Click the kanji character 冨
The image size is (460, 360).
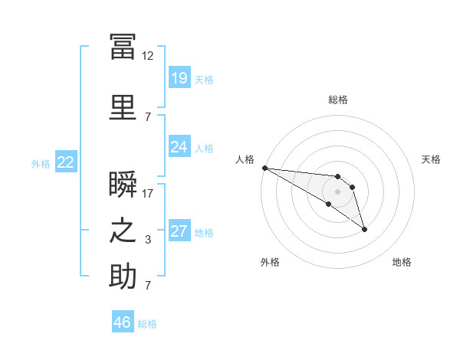(x=123, y=47)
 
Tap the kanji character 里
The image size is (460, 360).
(x=123, y=107)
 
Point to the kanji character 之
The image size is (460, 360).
(x=123, y=231)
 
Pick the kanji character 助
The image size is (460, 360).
(x=123, y=276)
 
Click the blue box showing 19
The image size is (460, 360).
(x=179, y=77)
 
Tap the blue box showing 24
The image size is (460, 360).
(x=179, y=146)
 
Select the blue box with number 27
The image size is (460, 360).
(x=179, y=231)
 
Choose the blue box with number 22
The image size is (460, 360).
(x=65, y=162)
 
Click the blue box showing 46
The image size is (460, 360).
(x=123, y=322)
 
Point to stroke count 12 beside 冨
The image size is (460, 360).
(x=148, y=56)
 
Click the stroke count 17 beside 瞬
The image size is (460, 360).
(x=148, y=193)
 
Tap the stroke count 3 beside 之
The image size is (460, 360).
(x=148, y=240)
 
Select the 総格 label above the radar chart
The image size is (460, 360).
(x=338, y=100)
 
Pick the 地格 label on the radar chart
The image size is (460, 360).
(x=402, y=262)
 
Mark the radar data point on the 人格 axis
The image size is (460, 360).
(x=264, y=168)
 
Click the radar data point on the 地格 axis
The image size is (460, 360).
(x=364, y=229)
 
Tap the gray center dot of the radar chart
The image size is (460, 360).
(x=337, y=191)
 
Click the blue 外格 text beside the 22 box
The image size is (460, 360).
(x=41, y=163)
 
